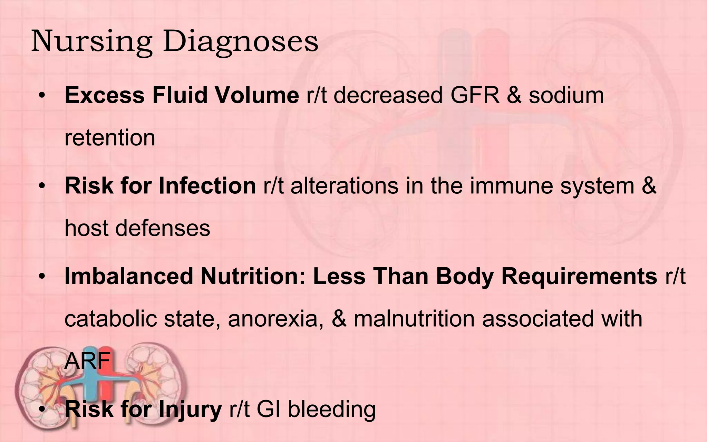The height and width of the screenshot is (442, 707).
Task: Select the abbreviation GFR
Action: [x=475, y=95]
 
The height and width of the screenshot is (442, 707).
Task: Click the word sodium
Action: [x=566, y=95]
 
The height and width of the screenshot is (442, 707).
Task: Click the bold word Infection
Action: [x=207, y=185]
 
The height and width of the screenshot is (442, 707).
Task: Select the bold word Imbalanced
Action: [x=128, y=276]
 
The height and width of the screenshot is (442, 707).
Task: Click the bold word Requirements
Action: [x=579, y=276]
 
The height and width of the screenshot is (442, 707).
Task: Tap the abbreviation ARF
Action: [x=87, y=361]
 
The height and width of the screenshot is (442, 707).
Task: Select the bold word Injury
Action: [x=190, y=410]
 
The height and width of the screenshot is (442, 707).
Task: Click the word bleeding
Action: [x=331, y=409]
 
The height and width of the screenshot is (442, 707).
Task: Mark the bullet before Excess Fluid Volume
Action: [x=42, y=96]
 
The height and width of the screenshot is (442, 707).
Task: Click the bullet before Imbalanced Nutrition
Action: [x=42, y=277]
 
